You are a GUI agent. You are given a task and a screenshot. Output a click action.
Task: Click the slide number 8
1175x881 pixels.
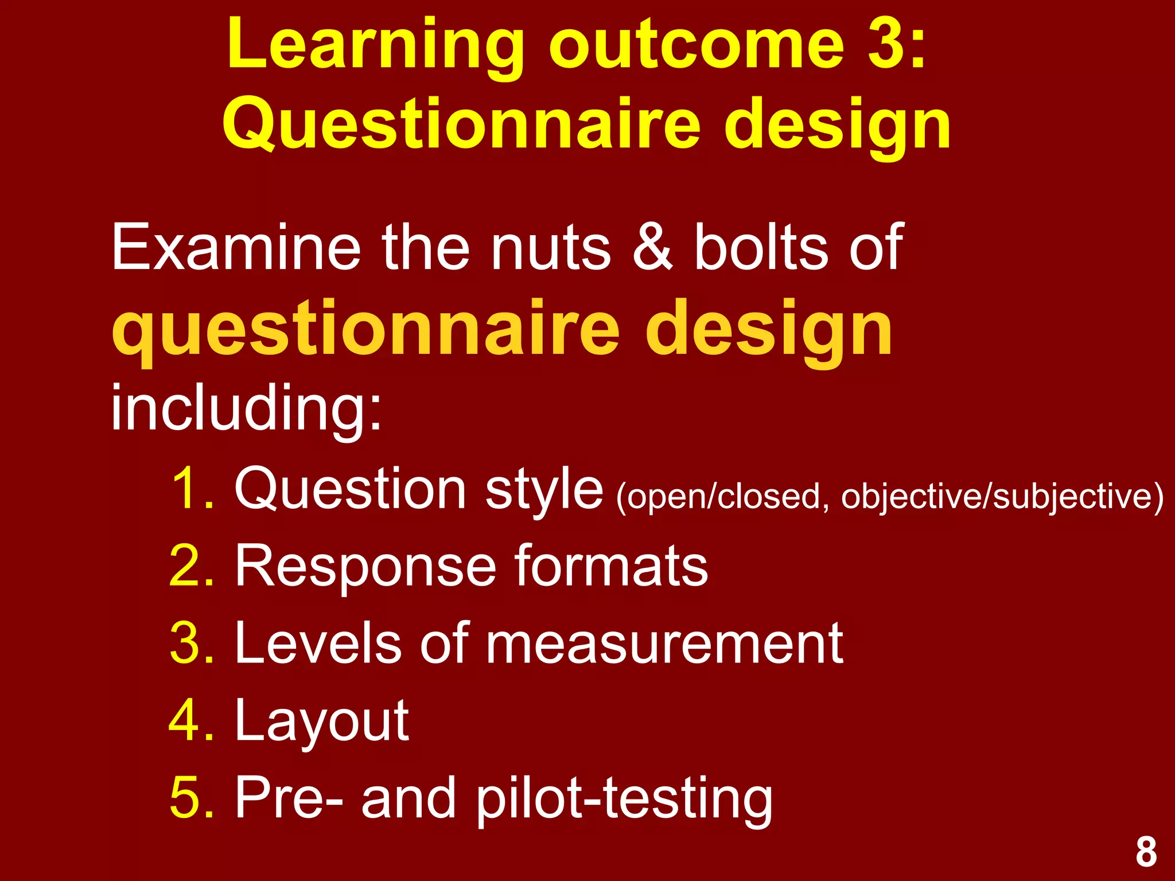click(1146, 852)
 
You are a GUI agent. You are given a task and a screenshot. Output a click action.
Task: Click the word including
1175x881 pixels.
click(246, 408)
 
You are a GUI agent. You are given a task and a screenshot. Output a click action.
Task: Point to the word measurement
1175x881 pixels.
click(665, 644)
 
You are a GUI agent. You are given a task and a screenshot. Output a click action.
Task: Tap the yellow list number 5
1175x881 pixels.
click(192, 797)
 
